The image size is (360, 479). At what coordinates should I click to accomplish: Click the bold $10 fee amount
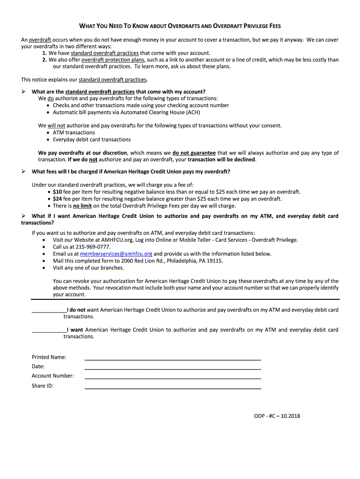point(57,192)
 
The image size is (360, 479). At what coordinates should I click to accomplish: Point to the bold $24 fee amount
point(57,199)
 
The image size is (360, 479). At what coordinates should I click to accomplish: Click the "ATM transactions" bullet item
point(73,132)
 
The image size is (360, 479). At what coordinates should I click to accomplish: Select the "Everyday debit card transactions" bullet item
point(92,139)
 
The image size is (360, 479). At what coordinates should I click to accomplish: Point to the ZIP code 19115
point(214,261)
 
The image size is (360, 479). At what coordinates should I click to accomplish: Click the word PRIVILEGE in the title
point(254,26)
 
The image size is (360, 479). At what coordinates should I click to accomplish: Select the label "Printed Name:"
point(49,357)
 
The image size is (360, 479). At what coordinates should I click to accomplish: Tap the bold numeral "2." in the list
point(44,60)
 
